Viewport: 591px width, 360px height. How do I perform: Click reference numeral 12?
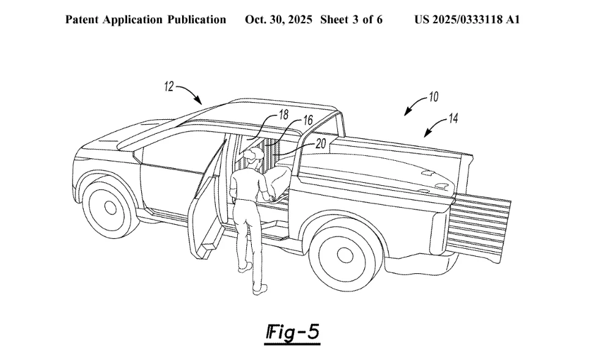169,87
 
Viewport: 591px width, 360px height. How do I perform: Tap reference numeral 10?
433,97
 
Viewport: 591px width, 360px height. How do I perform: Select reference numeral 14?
453,119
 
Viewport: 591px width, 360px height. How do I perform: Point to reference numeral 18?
284,114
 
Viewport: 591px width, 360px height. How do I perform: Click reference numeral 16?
308,120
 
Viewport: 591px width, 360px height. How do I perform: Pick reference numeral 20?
320,143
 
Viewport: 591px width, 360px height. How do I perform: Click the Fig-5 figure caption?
293,333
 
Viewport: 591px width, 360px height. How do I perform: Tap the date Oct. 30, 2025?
279,20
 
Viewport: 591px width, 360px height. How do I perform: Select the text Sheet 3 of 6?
351,20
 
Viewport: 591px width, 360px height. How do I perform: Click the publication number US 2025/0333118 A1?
467,20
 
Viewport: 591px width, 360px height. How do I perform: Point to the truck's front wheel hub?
110,207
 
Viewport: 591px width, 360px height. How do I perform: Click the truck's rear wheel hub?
345,255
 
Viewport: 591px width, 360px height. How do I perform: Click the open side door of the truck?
207,200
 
